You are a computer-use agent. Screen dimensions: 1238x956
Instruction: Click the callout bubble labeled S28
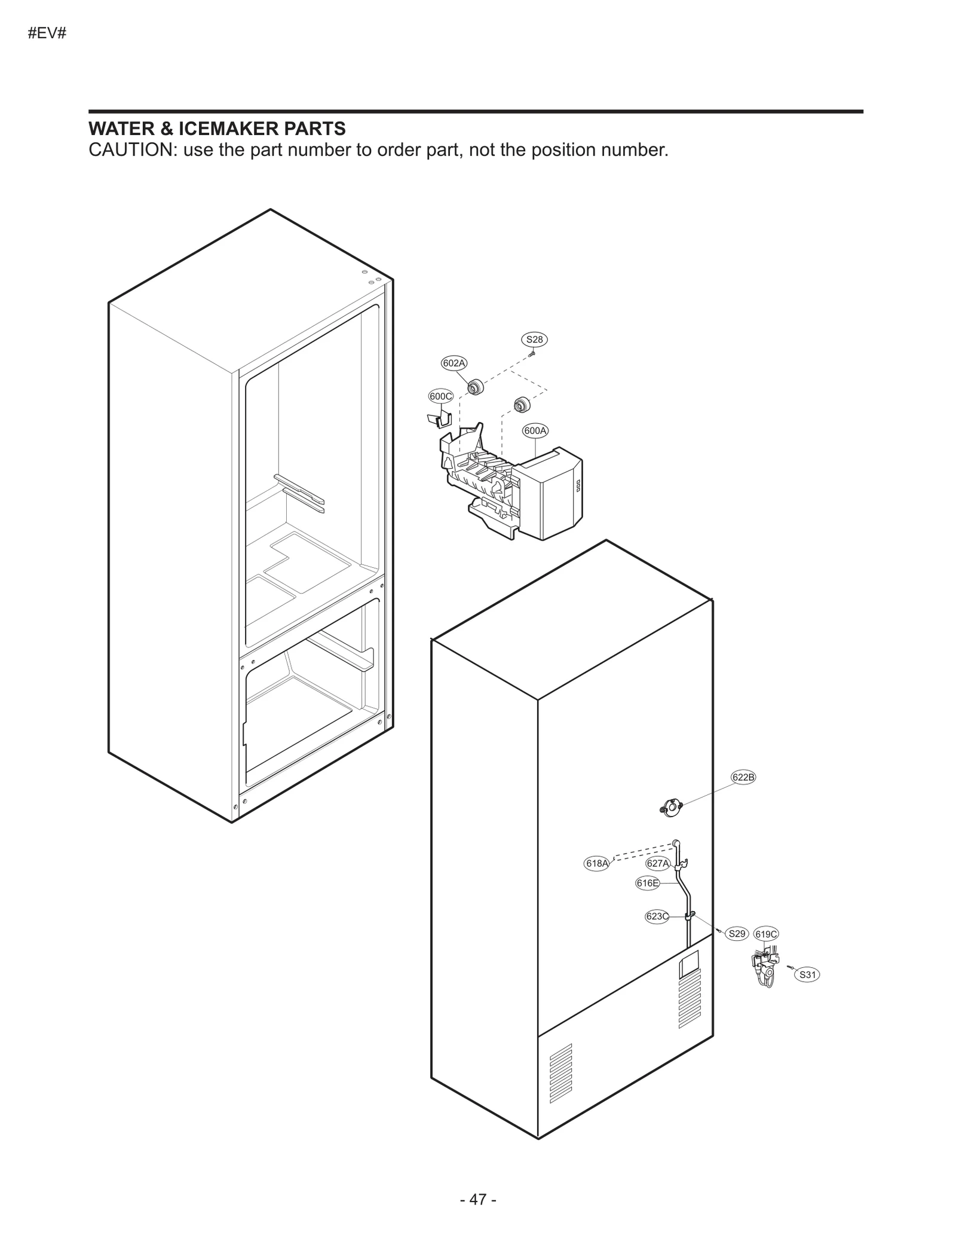click(x=534, y=340)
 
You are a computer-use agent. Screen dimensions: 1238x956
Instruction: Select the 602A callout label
click(x=454, y=363)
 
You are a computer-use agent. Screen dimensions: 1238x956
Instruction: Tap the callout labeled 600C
click(x=441, y=396)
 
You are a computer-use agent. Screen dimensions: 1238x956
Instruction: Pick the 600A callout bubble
click(x=535, y=430)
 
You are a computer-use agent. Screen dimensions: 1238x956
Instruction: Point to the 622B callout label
click(x=743, y=777)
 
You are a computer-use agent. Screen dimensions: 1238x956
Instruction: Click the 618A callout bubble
click(x=596, y=863)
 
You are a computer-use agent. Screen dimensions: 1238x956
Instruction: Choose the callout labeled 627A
click(x=658, y=863)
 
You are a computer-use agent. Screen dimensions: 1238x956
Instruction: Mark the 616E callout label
click(x=648, y=883)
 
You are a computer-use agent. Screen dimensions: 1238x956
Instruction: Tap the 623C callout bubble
click(x=657, y=916)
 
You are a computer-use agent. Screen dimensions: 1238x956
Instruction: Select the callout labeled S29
click(x=737, y=934)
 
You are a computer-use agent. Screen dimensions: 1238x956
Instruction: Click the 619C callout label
click(x=766, y=934)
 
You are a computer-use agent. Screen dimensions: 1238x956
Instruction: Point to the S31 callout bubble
click(x=807, y=975)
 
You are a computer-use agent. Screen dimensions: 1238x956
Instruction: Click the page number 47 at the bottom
click(x=478, y=1199)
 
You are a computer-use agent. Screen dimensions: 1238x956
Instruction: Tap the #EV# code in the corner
click(x=47, y=33)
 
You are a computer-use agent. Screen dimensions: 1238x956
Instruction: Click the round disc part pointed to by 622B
click(x=672, y=809)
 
